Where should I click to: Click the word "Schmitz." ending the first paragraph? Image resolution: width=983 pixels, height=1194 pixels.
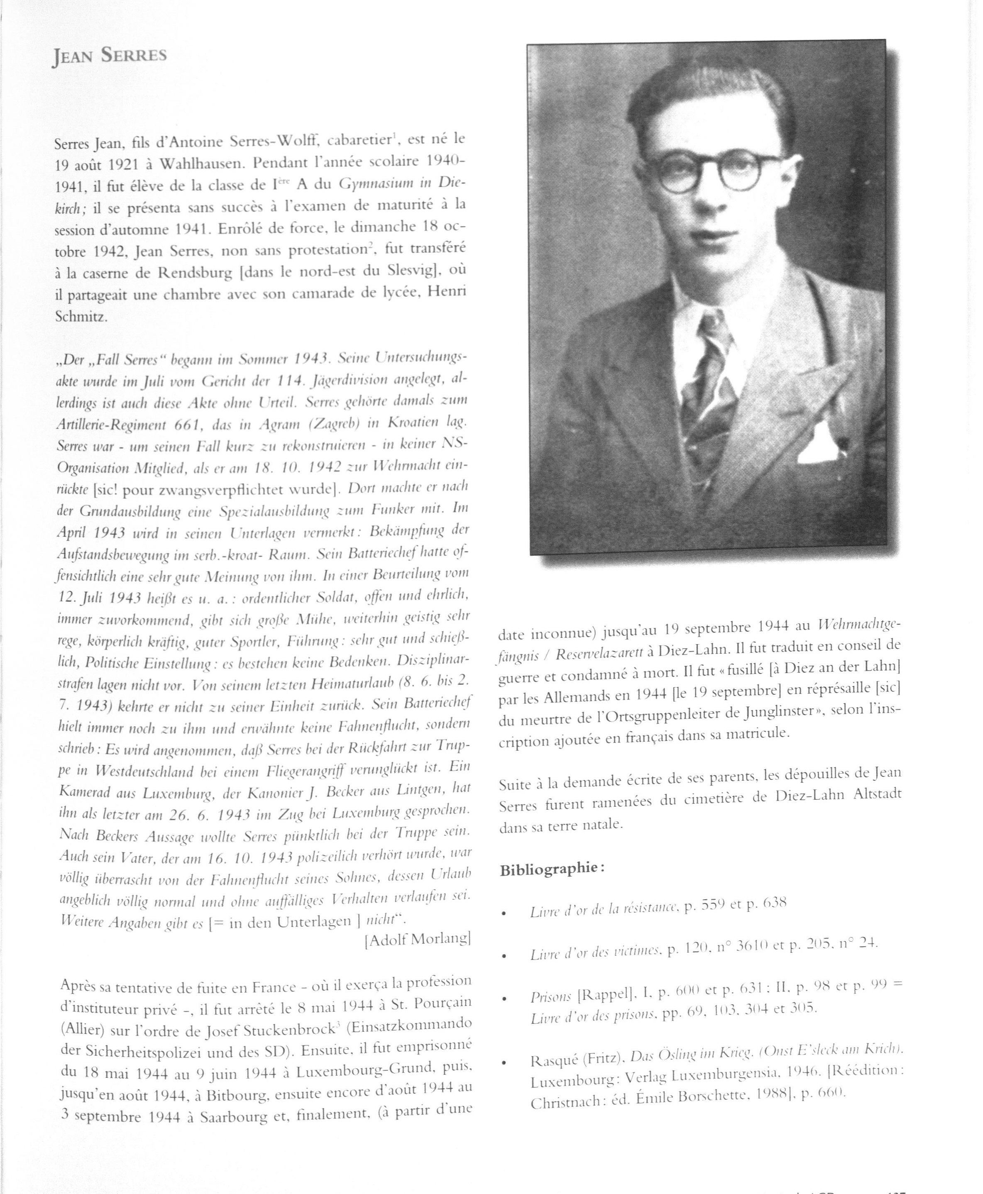pyautogui.click(x=81, y=317)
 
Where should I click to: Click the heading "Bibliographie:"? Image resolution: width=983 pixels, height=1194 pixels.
pyautogui.click(x=552, y=868)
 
